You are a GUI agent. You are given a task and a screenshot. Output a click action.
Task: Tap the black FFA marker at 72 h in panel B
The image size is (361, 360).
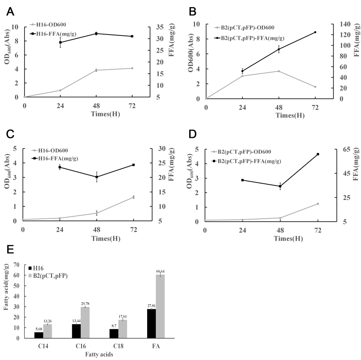point(316,32)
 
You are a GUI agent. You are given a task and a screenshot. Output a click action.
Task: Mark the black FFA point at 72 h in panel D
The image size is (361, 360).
point(318,154)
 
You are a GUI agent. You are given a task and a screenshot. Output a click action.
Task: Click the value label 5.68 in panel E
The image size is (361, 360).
point(38,329)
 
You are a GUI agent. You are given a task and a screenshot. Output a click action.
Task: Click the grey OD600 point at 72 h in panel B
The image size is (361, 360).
point(316,87)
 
